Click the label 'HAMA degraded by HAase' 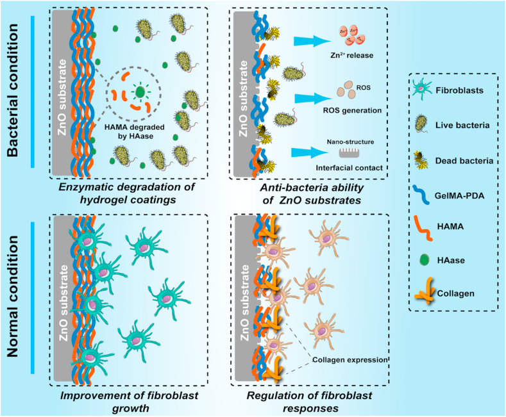pos(137,128)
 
